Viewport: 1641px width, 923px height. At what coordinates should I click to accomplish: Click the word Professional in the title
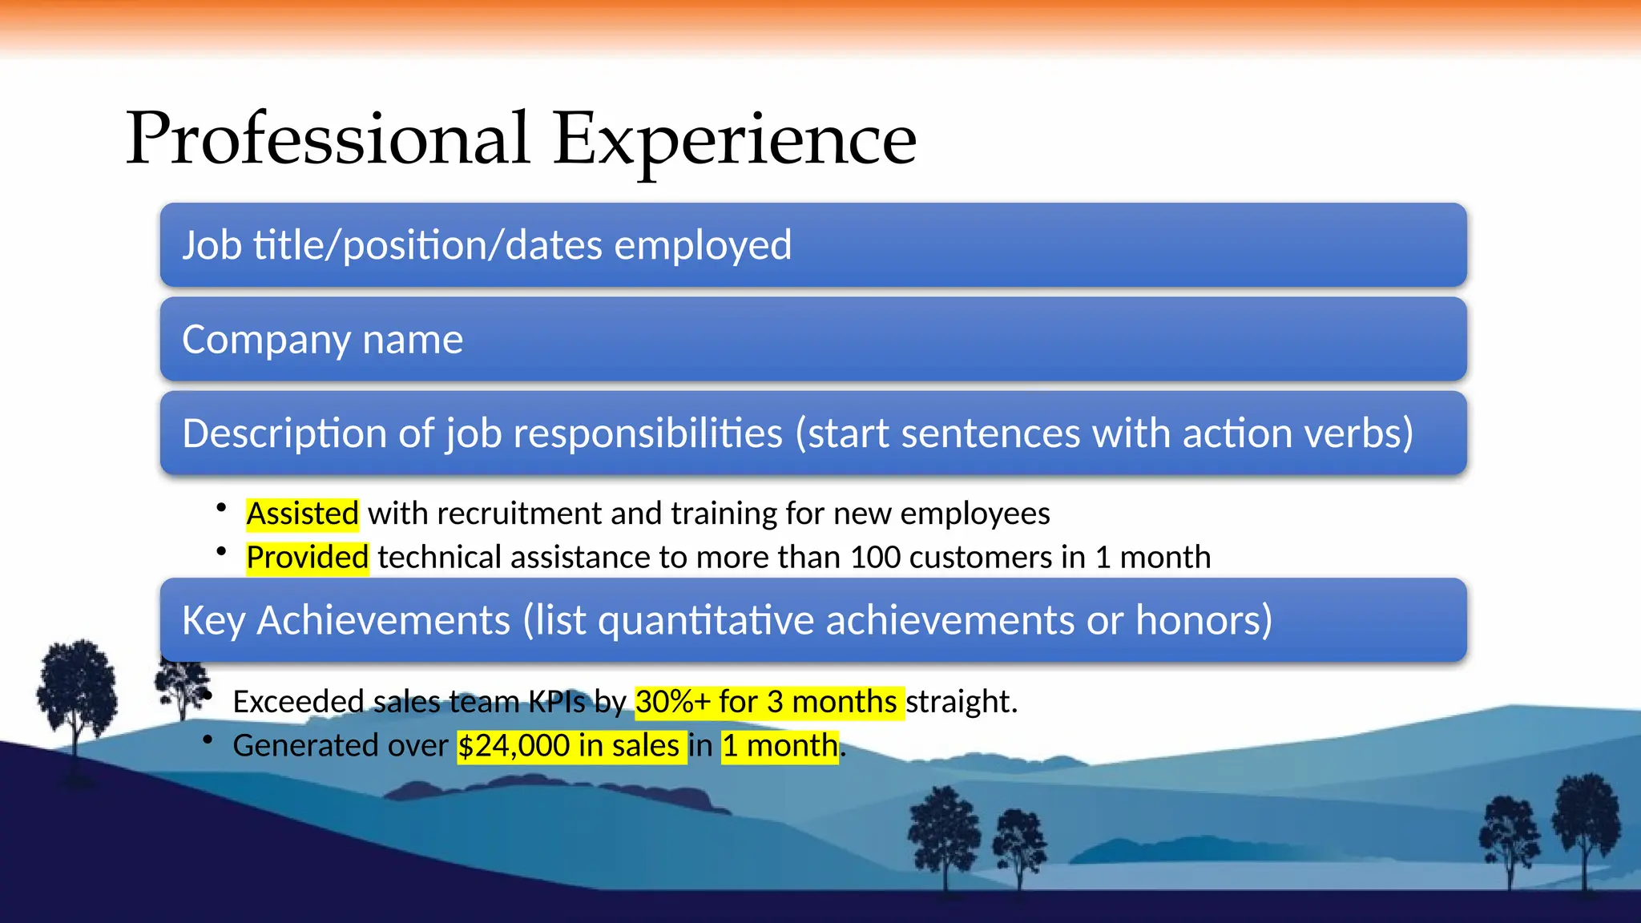point(327,139)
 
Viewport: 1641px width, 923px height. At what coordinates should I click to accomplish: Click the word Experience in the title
point(734,139)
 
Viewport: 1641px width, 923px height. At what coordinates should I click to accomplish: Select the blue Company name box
point(812,339)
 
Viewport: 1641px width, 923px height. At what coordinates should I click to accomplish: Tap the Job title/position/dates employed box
point(812,245)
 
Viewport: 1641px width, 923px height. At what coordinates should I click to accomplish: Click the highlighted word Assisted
point(302,514)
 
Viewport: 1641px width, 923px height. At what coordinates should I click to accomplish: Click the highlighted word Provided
point(307,558)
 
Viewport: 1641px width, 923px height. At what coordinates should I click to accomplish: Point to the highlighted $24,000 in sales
point(571,746)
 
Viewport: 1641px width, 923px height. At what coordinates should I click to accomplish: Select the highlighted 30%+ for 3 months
point(768,702)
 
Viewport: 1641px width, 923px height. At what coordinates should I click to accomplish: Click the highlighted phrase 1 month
point(780,746)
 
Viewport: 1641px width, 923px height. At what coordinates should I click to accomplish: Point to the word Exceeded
point(298,702)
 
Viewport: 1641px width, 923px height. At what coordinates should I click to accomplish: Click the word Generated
point(305,746)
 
